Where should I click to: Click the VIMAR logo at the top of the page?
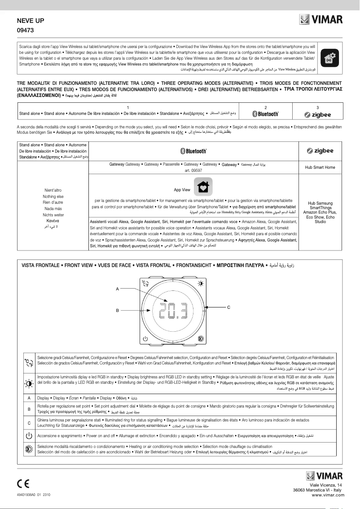320,20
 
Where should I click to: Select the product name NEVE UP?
31,21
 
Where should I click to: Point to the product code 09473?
26,31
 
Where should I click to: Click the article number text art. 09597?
193,171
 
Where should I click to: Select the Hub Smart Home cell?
320,167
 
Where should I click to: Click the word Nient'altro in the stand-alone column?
53,190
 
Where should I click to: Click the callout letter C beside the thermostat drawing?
228,307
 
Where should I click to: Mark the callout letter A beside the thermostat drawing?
117,289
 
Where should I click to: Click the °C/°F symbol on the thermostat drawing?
145,284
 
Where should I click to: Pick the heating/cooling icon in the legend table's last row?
29,449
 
